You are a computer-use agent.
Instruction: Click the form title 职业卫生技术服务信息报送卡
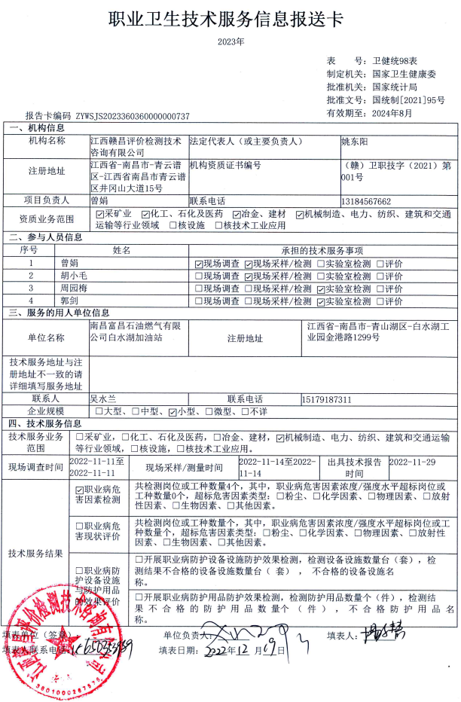tap(230, 18)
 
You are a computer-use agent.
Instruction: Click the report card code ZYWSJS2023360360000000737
tap(133, 117)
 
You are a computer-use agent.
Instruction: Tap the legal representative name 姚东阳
tap(355, 141)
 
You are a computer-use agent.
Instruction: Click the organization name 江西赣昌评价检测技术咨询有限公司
tap(136, 145)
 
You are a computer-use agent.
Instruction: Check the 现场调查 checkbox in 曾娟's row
tap(198, 264)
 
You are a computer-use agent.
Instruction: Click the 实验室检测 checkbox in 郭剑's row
tap(320, 301)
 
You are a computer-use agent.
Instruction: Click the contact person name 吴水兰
tap(104, 398)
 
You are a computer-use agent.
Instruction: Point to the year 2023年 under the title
tap(230, 42)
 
